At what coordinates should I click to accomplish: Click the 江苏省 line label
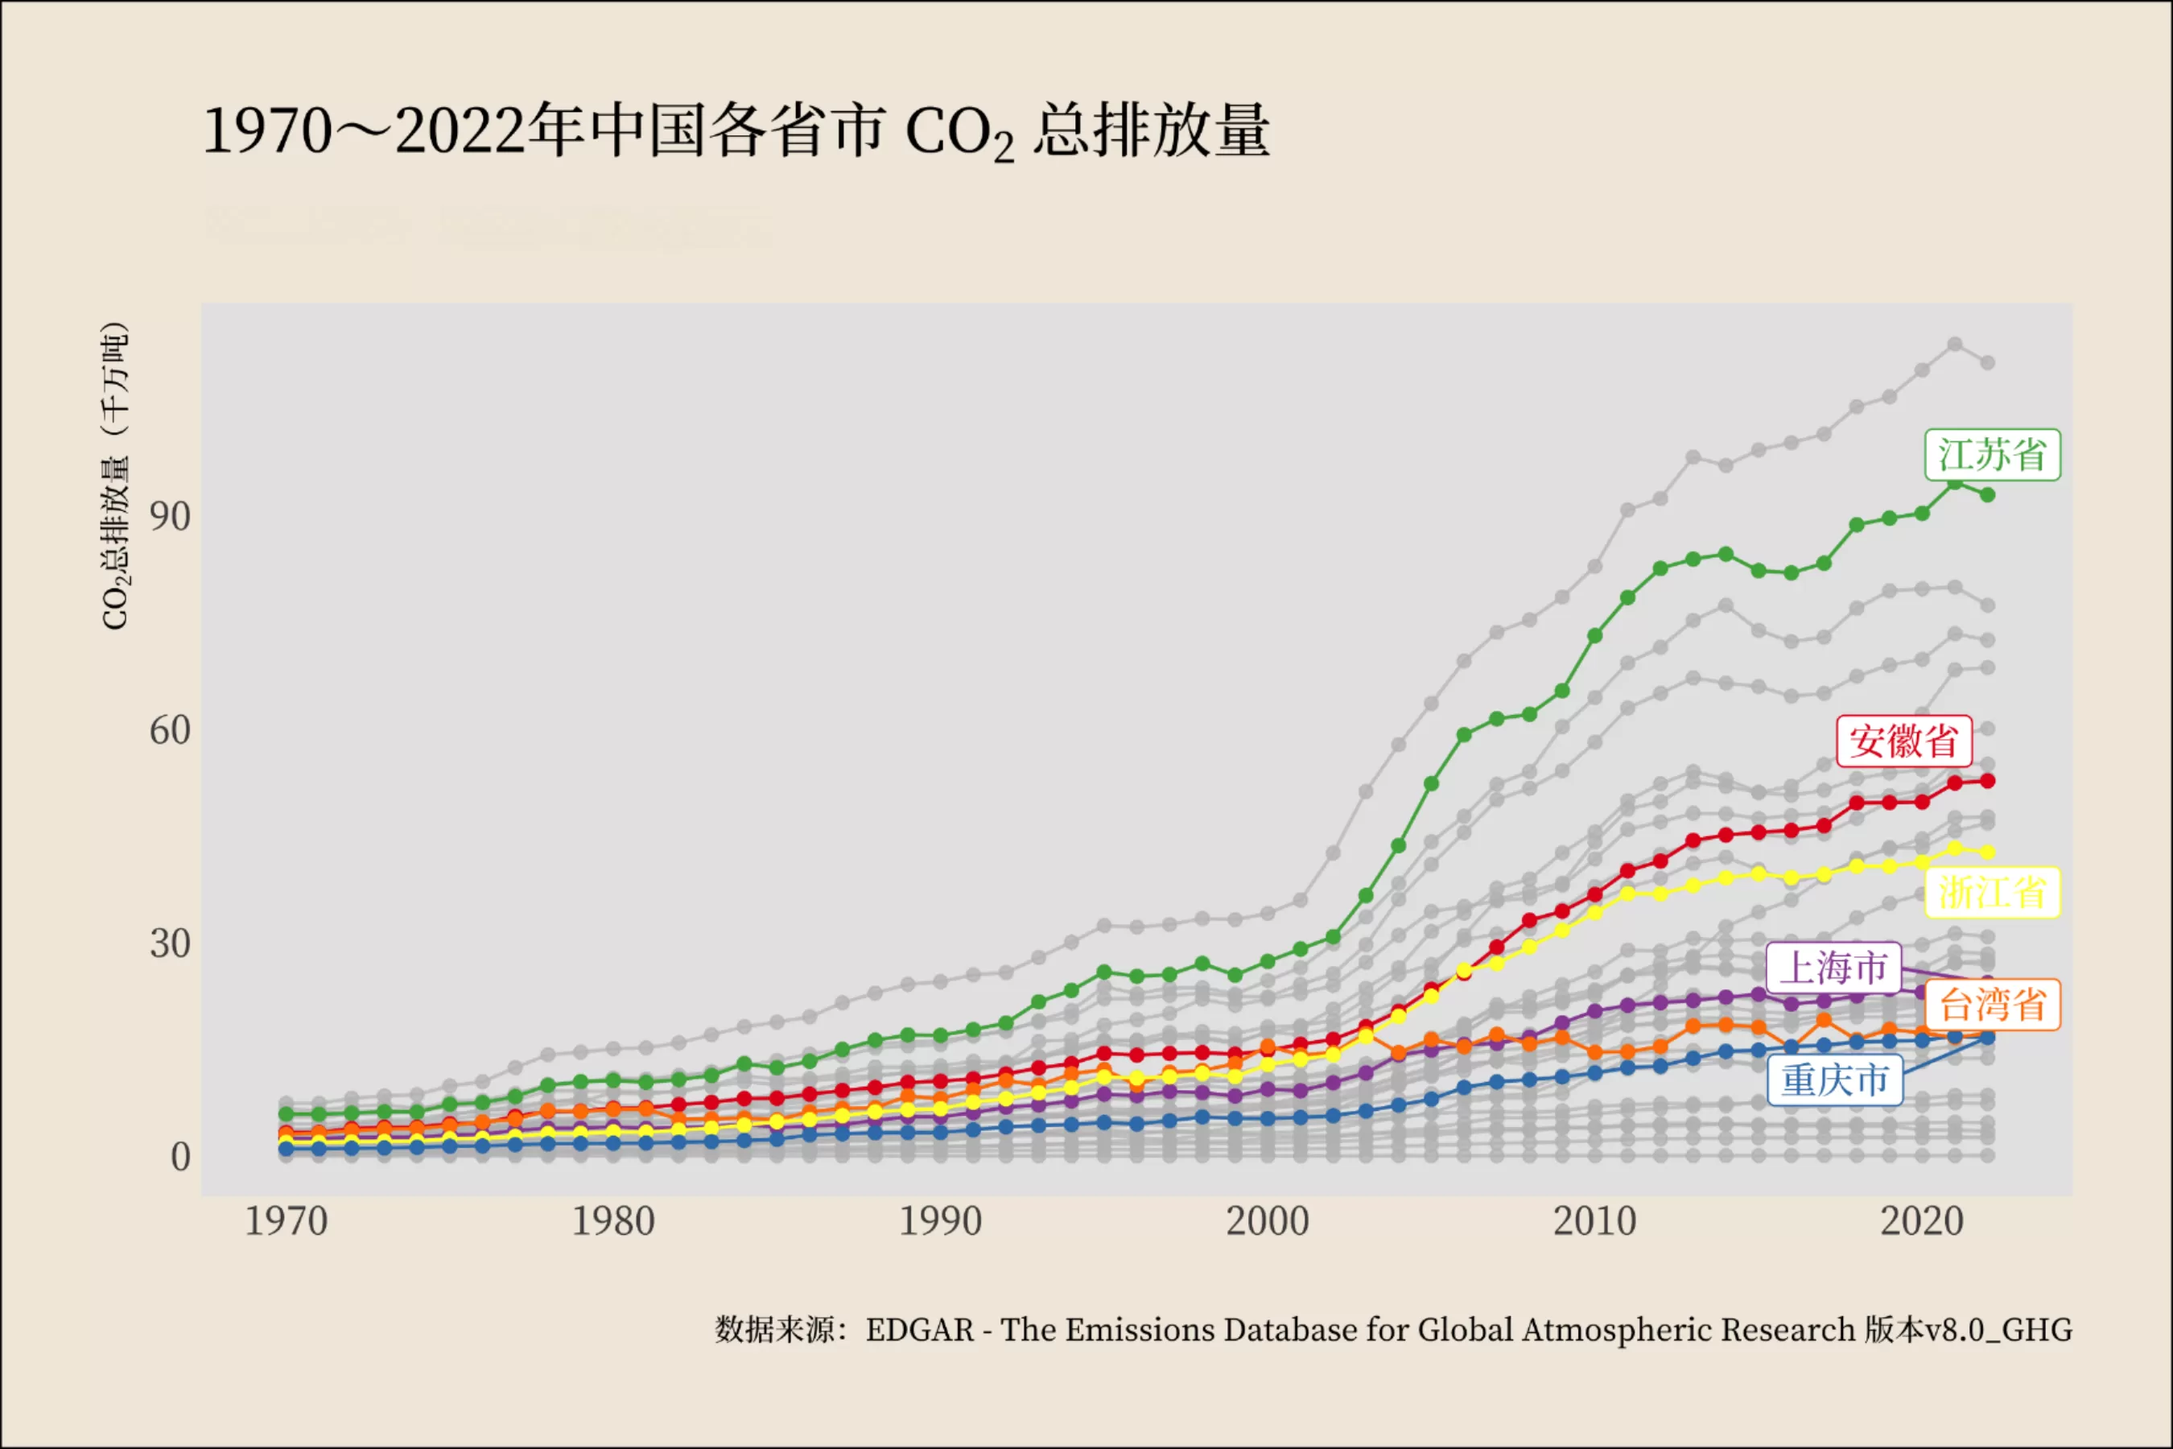tap(1992, 455)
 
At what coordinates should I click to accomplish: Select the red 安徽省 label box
tap(1904, 741)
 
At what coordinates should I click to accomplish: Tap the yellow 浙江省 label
tap(1992, 893)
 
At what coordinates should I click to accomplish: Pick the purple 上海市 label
tap(1834, 968)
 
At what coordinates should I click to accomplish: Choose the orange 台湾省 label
tap(1992, 1005)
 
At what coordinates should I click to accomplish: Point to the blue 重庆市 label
tap(1835, 1080)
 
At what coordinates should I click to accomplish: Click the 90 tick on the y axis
tap(170, 517)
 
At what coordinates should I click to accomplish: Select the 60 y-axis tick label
tap(170, 730)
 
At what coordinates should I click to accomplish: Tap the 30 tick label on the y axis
tap(170, 943)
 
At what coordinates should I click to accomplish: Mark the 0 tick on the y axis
tap(180, 1157)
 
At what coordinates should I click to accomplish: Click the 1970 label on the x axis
tap(286, 1222)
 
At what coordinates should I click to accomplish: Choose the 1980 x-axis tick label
tap(612, 1222)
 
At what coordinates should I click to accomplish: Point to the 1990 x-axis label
tap(941, 1222)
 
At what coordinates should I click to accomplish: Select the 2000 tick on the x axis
tap(1268, 1222)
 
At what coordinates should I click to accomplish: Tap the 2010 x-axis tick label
tap(1594, 1222)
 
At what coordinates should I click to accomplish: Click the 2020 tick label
tap(1922, 1222)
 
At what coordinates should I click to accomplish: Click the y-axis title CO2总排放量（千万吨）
tap(115, 476)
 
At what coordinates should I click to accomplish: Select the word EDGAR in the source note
tap(919, 1330)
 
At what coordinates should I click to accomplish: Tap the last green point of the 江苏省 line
tap(1987, 495)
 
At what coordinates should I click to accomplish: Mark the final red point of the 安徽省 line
tap(1987, 781)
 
